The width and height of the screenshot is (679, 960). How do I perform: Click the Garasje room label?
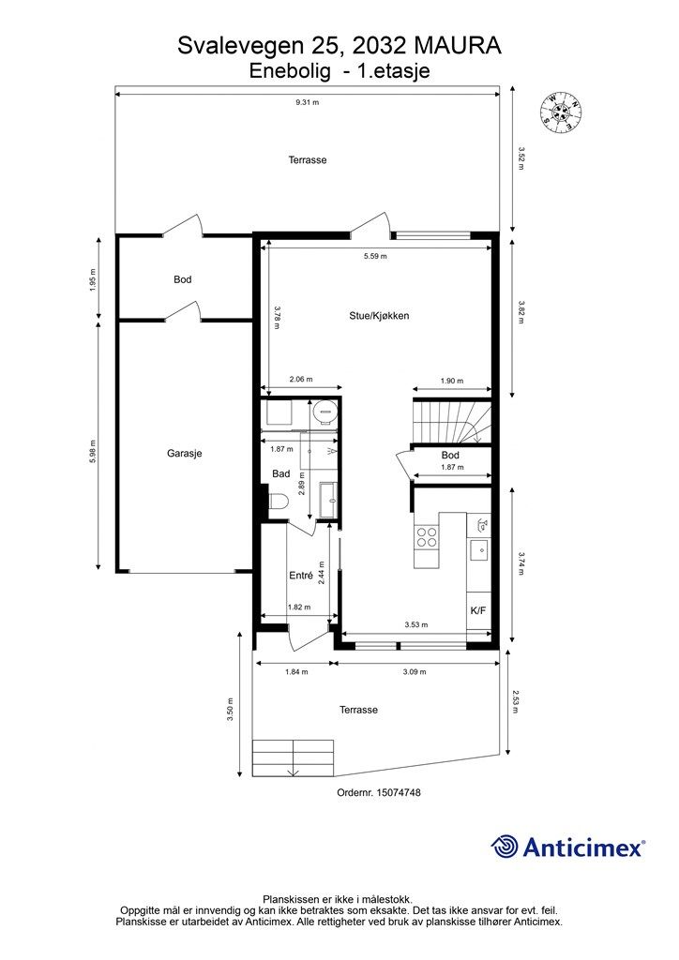coord(185,454)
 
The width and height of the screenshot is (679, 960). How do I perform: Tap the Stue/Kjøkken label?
coord(379,316)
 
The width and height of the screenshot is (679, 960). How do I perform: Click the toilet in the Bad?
coord(279,502)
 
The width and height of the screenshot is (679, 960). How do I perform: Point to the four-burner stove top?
coord(427,537)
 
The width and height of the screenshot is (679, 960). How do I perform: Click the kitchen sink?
coord(479,550)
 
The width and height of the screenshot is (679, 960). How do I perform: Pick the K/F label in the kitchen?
coord(478,610)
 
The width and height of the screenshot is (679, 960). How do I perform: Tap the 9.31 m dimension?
coord(308,102)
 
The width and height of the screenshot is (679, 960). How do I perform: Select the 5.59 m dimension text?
coord(375,256)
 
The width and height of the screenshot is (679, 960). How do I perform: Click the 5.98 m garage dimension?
coord(93,451)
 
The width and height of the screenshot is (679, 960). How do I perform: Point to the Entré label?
coord(301,576)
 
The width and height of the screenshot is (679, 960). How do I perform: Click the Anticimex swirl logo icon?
coord(505,847)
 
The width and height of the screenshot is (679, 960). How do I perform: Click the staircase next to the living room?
coord(452,421)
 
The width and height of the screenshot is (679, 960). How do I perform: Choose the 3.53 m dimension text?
coord(416,624)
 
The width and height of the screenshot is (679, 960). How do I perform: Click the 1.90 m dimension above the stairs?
coord(452,381)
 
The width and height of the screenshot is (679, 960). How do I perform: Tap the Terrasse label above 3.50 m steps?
coord(359,710)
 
